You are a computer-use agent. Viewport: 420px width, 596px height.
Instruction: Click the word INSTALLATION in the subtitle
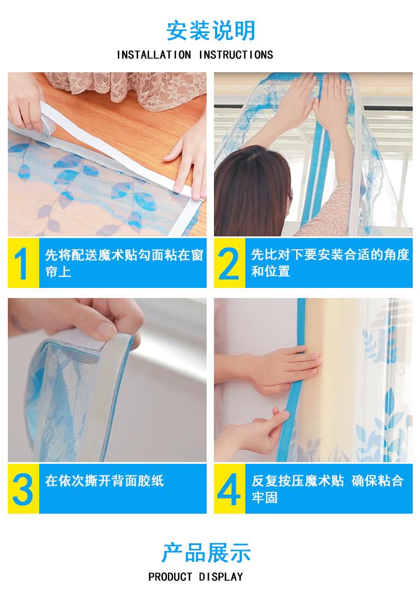click(154, 55)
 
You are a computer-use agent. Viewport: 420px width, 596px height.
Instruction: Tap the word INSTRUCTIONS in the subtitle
click(236, 55)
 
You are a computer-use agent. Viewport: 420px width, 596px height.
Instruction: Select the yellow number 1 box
click(23, 263)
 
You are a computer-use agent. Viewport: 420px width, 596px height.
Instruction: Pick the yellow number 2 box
click(229, 263)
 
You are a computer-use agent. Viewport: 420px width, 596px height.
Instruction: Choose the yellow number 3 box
click(23, 488)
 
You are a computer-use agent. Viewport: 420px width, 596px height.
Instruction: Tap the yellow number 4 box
click(229, 488)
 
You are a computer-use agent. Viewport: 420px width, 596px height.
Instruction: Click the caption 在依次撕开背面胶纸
click(105, 481)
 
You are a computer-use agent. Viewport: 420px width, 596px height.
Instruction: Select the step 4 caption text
click(327, 489)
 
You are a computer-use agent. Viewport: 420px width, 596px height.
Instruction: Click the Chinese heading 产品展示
click(206, 553)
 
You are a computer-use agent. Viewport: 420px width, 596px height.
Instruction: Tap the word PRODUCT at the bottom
click(170, 577)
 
